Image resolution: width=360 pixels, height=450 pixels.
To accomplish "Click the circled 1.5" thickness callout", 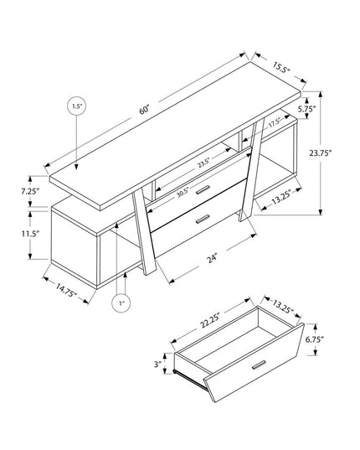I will [x=76, y=106].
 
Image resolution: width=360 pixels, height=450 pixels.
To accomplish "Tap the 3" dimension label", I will [x=158, y=364].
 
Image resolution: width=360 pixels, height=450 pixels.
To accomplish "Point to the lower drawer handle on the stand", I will [x=200, y=220].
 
